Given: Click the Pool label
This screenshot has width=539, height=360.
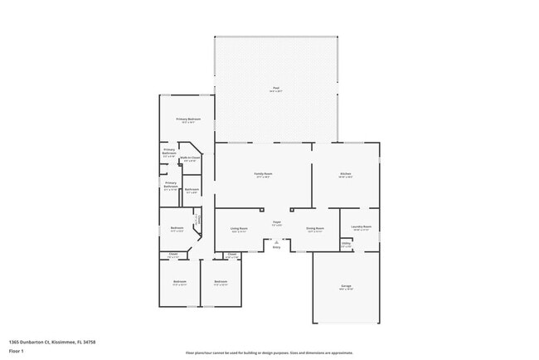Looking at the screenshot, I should point(276,89).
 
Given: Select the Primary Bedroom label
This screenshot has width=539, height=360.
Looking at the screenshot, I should point(187,120).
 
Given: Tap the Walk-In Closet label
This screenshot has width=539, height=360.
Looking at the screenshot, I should point(191,158).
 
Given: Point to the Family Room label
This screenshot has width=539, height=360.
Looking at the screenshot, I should point(264,174).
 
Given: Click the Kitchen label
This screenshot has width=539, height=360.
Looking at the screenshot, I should point(346,174).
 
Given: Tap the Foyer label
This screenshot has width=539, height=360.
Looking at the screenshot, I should point(277,222).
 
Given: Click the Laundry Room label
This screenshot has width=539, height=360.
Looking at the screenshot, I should point(361,226).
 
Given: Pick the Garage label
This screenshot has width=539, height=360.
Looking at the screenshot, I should point(346,287).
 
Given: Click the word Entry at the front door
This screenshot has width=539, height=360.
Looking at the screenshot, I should point(277,247).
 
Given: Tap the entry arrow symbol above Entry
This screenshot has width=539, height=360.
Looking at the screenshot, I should point(277,241).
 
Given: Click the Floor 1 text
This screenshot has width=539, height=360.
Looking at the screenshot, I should point(16,351).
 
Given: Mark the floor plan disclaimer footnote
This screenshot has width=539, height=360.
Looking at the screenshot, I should point(269,352).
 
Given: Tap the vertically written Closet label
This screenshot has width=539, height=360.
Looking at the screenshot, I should point(197,221).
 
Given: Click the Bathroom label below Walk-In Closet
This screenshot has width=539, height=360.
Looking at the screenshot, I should point(192,191).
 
